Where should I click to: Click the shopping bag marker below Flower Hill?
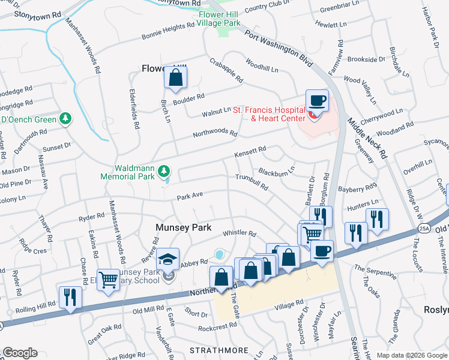[175, 78]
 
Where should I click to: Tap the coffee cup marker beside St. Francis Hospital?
[317, 100]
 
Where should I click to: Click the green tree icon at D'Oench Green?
[65, 119]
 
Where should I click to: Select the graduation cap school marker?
[167, 259]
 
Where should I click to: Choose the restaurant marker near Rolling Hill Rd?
[70, 298]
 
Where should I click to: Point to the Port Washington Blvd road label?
[280, 45]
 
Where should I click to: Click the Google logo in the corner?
[20, 353]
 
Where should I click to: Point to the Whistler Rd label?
[240, 233]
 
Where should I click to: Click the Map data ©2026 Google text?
[411, 355]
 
